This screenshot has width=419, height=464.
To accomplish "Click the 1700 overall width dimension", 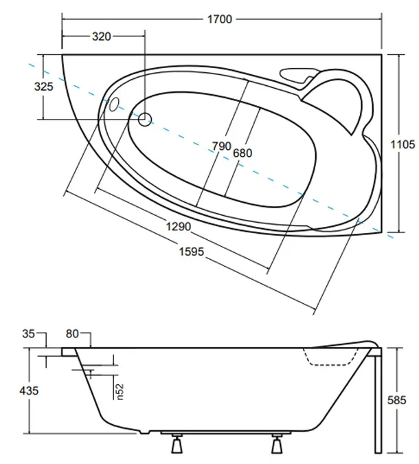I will tap(220, 19).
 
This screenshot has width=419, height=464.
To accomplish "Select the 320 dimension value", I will tap(101, 37).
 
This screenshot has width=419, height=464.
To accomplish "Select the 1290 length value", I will tap(177, 225).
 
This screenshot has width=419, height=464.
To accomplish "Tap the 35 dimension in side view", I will tap(28, 334).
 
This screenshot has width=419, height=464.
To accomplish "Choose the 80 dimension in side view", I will tap(73, 334).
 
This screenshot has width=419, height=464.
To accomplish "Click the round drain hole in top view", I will tap(145, 120).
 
